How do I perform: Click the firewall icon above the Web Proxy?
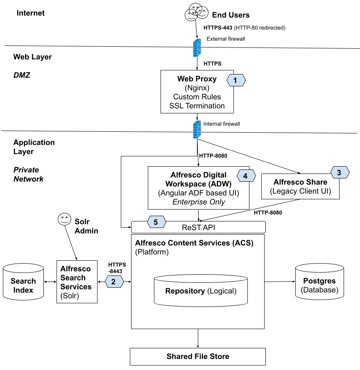tap(197, 48)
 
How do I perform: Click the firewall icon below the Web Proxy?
tap(197, 129)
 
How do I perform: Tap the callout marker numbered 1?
tap(235, 80)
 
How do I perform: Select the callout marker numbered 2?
tap(114, 282)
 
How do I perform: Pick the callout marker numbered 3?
tap(339, 173)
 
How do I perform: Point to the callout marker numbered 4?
tap(246, 176)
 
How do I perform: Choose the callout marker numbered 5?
tap(156, 222)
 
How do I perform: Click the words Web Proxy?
tap(197, 79)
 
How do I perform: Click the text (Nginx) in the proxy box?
tap(197, 88)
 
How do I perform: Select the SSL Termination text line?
tap(197, 106)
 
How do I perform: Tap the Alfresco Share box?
tap(300, 187)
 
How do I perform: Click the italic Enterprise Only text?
tap(199, 202)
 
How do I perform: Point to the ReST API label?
tap(199, 227)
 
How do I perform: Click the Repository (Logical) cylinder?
tap(201, 291)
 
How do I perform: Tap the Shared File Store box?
tap(198, 356)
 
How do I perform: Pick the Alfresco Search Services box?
tap(77, 282)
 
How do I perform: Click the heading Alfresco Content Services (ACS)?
tap(194, 243)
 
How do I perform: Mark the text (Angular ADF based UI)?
tap(198, 193)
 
